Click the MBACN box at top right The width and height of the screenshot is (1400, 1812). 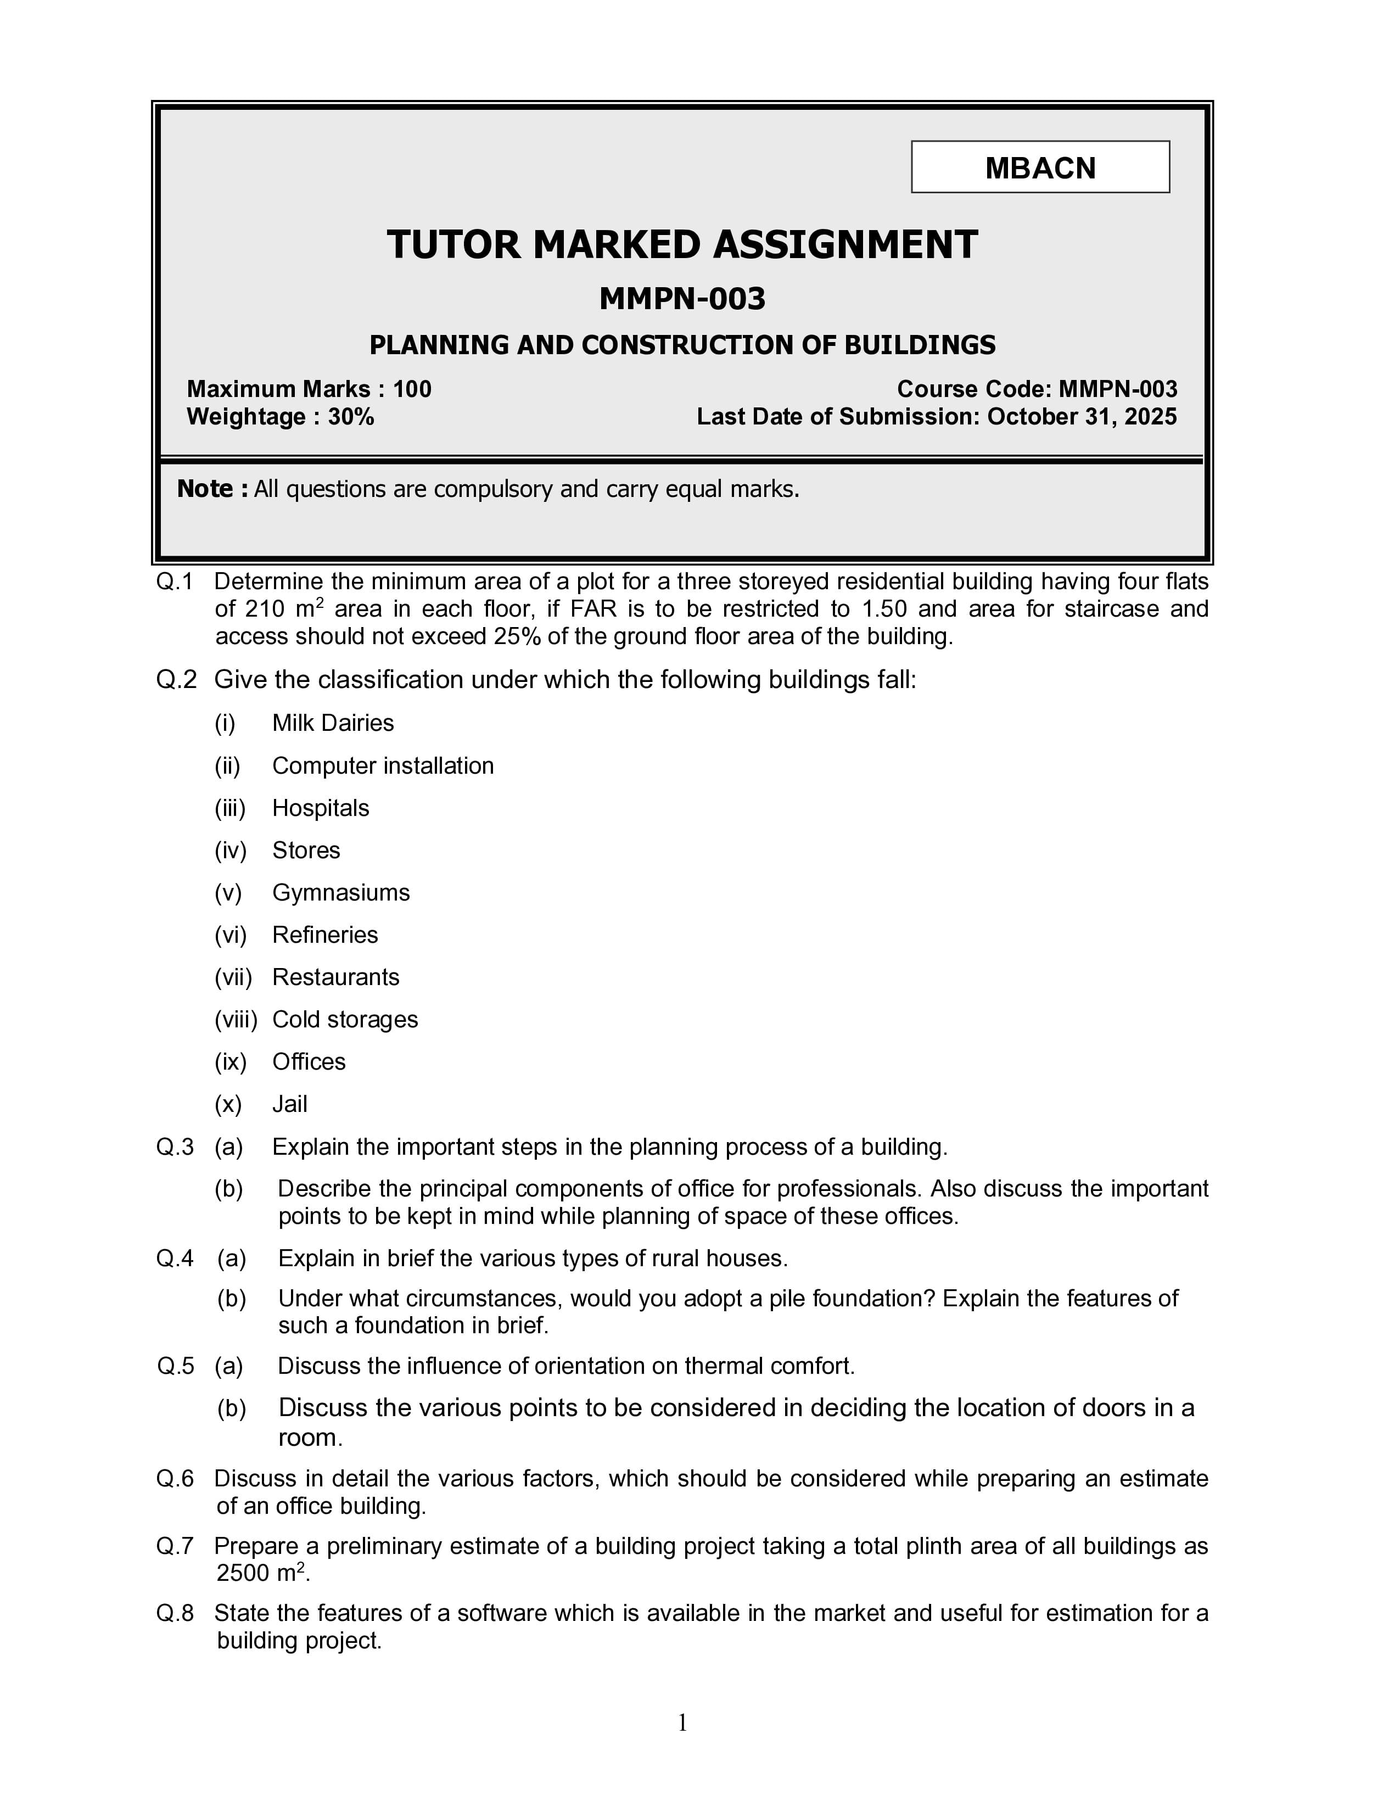pos(1040,167)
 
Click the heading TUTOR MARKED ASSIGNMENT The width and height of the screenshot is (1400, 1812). pos(682,245)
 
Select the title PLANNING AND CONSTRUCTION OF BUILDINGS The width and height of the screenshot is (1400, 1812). pos(682,345)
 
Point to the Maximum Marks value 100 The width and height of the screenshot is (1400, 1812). pos(412,389)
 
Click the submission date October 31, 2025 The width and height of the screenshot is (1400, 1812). pos(1082,417)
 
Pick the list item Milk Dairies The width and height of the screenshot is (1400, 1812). pos(333,724)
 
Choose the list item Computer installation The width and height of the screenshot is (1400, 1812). pos(382,766)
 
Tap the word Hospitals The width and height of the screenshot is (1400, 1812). pos(320,808)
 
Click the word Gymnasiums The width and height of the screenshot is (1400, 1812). pos(341,893)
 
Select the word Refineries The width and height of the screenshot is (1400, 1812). pos(324,935)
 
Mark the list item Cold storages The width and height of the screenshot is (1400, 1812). pos(345,1020)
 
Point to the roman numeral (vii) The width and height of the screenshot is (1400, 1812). pos(233,977)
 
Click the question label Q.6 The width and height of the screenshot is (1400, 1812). pos(175,1479)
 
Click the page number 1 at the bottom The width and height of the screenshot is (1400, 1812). pos(682,1723)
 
